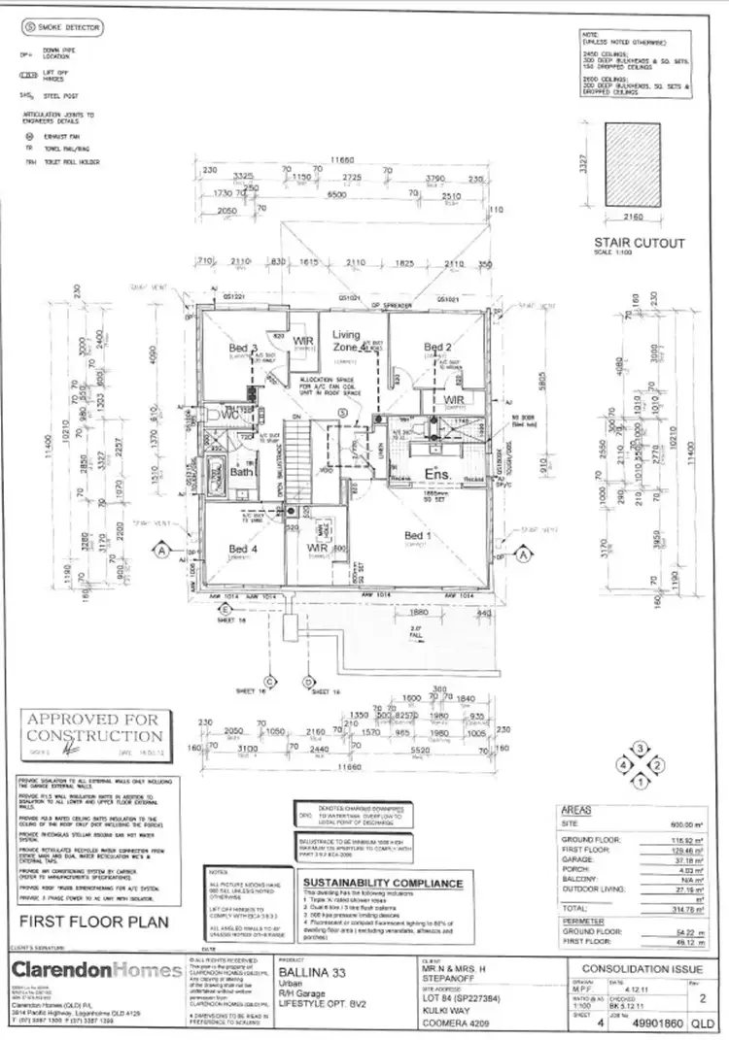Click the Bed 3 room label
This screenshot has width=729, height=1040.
click(242, 348)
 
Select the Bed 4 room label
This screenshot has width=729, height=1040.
click(242, 550)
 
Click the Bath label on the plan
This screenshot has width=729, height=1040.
click(241, 472)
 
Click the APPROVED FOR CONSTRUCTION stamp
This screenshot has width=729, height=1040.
click(95, 726)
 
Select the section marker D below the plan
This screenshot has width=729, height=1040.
click(307, 683)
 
